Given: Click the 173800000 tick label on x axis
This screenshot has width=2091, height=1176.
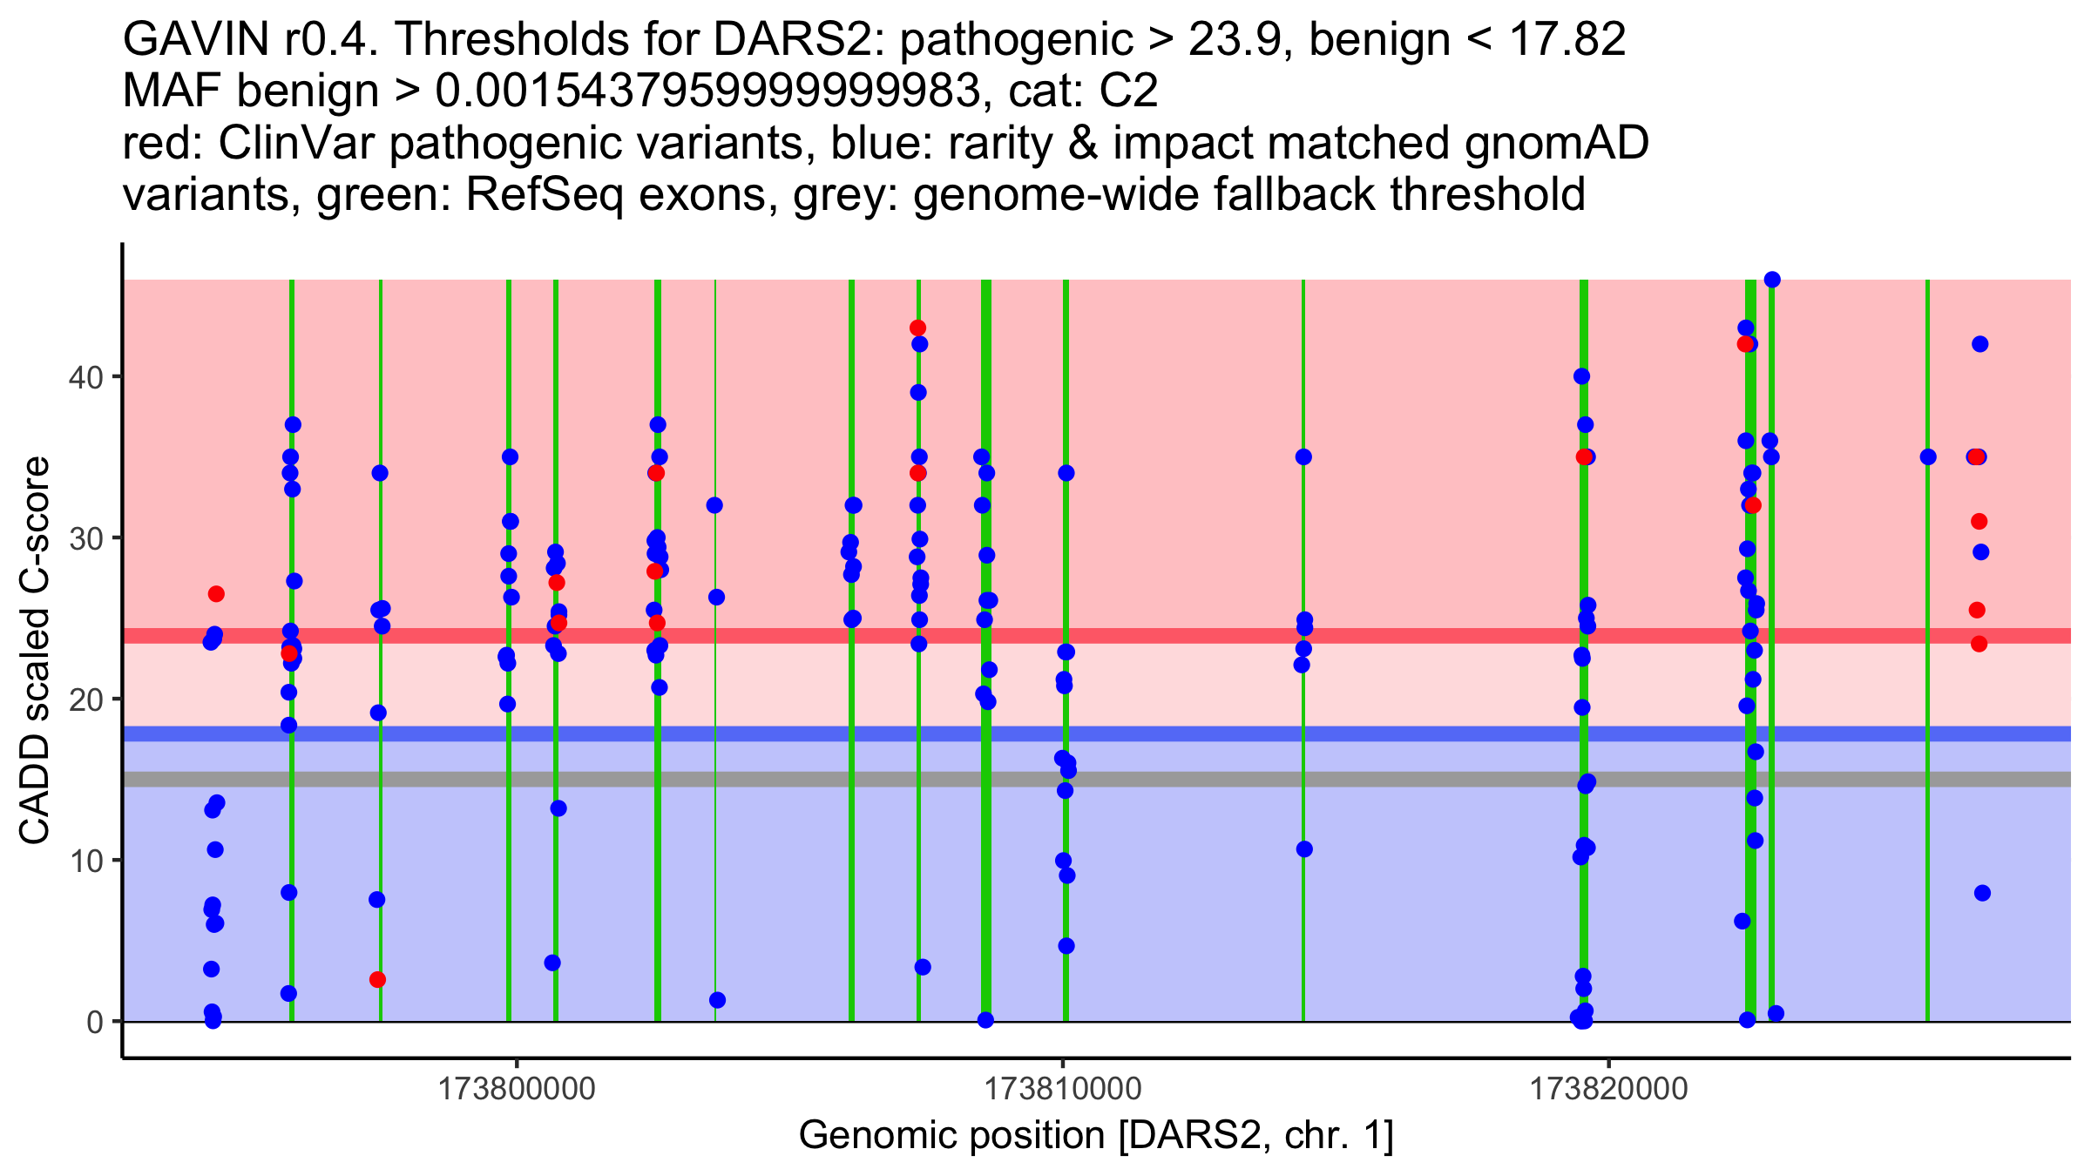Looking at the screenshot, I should [517, 1089].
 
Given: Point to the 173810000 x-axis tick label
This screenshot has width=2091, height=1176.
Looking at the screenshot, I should [1062, 1089].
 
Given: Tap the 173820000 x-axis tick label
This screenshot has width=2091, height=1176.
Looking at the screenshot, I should [1608, 1089].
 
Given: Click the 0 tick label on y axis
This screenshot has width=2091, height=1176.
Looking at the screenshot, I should [95, 1022].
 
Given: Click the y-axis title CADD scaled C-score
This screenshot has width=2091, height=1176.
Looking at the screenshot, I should [35, 652].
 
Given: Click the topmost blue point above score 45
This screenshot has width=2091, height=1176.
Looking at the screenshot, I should [1772, 280].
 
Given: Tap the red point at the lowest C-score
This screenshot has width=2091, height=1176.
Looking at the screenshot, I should [377, 979].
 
